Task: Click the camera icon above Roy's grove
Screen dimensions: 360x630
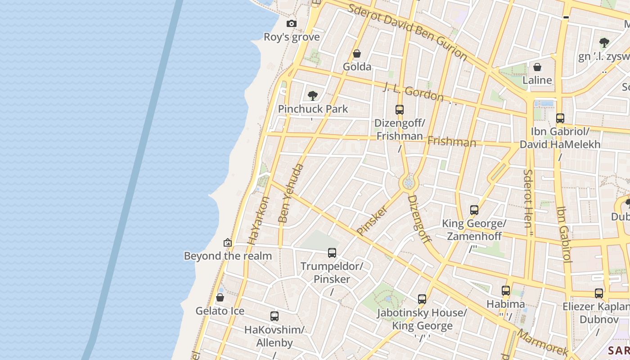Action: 292,24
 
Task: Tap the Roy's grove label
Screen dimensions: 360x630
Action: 292,37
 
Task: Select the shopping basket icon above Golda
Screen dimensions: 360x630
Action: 357,54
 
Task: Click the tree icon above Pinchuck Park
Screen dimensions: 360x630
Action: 313,95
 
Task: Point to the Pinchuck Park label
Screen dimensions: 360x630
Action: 313,109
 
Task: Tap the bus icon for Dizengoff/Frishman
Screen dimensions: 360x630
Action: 400,109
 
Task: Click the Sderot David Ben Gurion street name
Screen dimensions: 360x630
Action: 408,32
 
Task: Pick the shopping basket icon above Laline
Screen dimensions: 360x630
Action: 537,67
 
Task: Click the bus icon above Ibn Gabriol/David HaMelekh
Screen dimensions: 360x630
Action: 560,118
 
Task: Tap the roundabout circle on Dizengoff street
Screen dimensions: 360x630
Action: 409,183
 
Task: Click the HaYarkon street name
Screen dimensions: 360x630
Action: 258,220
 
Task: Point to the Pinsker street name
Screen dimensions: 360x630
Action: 372,220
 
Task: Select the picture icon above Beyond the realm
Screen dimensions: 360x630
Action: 228,243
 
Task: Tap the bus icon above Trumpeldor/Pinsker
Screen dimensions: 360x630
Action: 332,253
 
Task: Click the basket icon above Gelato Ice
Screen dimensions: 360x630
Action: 220,297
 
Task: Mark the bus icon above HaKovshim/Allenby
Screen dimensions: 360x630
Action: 274,316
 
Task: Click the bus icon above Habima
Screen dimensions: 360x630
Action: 506,291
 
